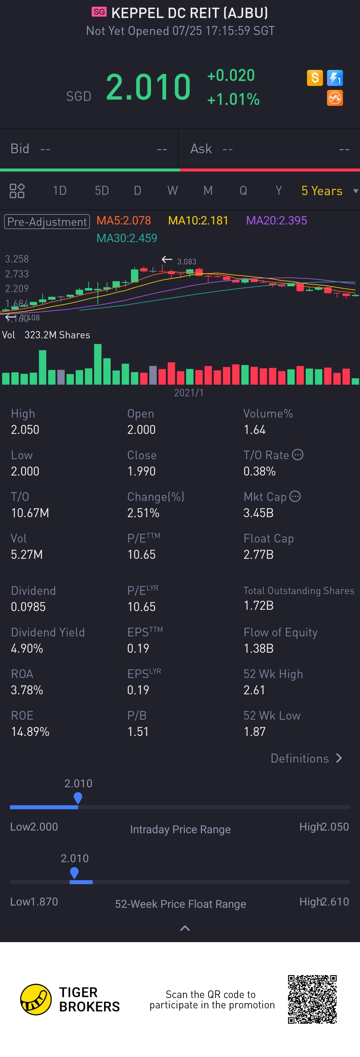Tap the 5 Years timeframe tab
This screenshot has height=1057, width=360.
pyautogui.click(x=322, y=191)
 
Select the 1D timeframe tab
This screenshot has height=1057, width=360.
pyautogui.click(x=60, y=191)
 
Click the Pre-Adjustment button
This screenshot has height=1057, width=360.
pyautogui.click(x=47, y=221)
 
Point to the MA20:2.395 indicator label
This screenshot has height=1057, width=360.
pyautogui.click(x=276, y=221)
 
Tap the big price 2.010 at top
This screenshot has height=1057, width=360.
pyautogui.click(x=148, y=87)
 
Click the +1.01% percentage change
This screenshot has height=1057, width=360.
pyautogui.click(x=233, y=99)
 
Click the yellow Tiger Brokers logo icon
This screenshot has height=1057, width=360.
pyautogui.click(x=36, y=999)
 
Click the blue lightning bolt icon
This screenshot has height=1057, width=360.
pyautogui.click(x=335, y=78)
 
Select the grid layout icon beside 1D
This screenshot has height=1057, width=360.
pyautogui.click(x=17, y=191)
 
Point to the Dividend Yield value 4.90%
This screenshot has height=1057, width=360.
pyautogui.click(x=27, y=648)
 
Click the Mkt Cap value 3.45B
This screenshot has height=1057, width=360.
pyautogui.click(x=258, y=513)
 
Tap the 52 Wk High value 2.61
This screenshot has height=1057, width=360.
pyautogui.click(x=254, y=690)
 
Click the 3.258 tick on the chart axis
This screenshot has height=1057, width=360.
pyautogui.click(x=17, y=259)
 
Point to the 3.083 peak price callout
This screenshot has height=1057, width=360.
pyautogui.click(x=186, y=261)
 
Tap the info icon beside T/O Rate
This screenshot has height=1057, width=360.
pyautogui.click(x=298, y=455)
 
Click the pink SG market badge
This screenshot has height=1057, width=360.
pyautogui.click(x=99, y=12)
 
